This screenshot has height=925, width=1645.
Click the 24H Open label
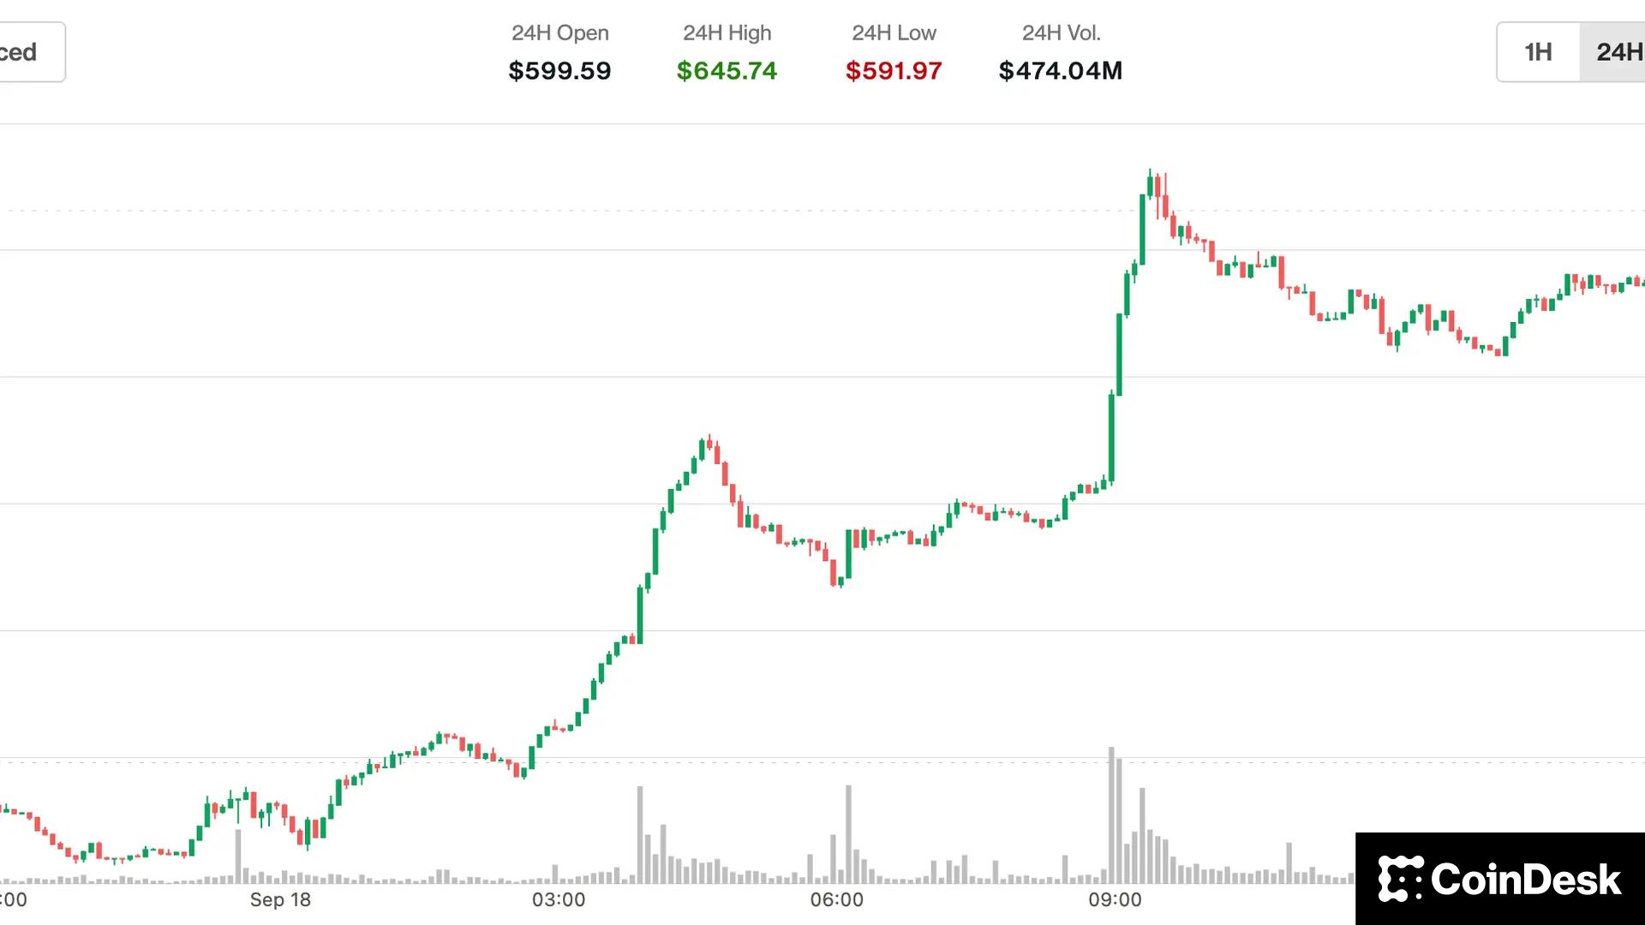point(559,33)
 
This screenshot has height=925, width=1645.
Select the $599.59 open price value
point(559,70)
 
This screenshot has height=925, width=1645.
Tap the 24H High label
point(727,33)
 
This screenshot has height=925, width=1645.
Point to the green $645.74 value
point(727,70)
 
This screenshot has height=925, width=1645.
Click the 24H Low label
point(894,33)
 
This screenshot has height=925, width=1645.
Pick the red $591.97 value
point(894,70)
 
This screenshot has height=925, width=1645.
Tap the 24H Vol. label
point(1061,33)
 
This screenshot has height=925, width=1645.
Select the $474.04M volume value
point(1061,70)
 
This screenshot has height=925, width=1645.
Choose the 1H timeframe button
point(1538,52)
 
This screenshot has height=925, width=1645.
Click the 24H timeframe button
point(1615,52)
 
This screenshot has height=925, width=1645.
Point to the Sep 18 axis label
point(280,900)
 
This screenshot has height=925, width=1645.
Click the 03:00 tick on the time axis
point(559,900)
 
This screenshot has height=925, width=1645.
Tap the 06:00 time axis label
point(837,900)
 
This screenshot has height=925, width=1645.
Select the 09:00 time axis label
point(1115,900)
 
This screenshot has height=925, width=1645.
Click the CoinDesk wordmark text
point(1526,880)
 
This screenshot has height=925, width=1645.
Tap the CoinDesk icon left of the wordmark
point(1400,879)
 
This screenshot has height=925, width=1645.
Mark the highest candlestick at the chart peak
point(1150,184)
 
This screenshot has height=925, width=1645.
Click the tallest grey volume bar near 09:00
point(1111,814)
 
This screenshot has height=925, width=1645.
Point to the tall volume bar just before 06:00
point(848,832)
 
